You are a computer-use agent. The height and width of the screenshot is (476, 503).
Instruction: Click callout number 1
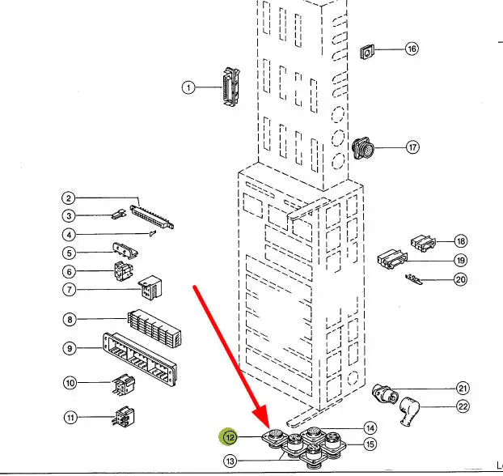point(188,87)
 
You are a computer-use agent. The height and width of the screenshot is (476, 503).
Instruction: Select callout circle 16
point(412,49)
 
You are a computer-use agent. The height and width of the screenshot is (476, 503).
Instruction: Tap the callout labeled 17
point(413,147)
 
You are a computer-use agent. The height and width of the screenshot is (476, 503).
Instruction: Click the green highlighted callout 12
point(230,438)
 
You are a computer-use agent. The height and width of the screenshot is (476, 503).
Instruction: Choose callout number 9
point(70,349)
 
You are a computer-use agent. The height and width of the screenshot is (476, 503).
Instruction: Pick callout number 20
point(461,280)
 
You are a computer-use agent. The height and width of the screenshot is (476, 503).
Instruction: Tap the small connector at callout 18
point(421,241)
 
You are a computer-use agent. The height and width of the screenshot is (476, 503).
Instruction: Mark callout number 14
point(370,428)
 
